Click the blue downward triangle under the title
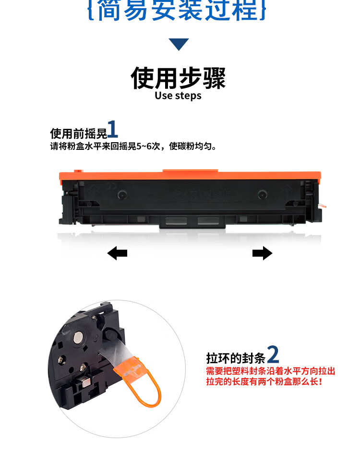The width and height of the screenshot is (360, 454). tap(180, 44)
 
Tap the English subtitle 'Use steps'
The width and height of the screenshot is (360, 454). tap(178, 96)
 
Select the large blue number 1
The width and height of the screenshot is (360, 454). tap(112, 130)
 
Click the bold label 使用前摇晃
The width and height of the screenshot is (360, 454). tap(78, 133)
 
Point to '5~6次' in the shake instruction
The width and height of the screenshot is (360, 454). tap(148, 146)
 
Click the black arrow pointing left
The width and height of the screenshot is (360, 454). tap(117, 253)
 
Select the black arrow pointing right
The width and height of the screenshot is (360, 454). tap(262, 253)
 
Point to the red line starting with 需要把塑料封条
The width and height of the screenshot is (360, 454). tap(270, 371)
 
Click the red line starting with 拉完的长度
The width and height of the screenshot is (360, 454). tap(264, 381)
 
